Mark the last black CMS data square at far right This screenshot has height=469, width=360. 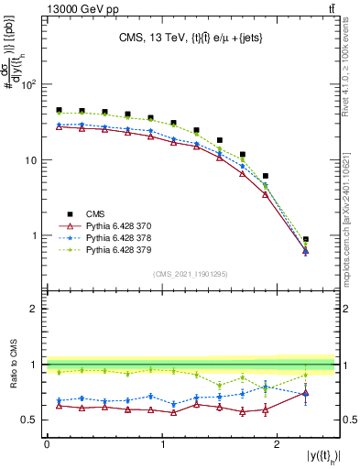pos(306,239)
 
